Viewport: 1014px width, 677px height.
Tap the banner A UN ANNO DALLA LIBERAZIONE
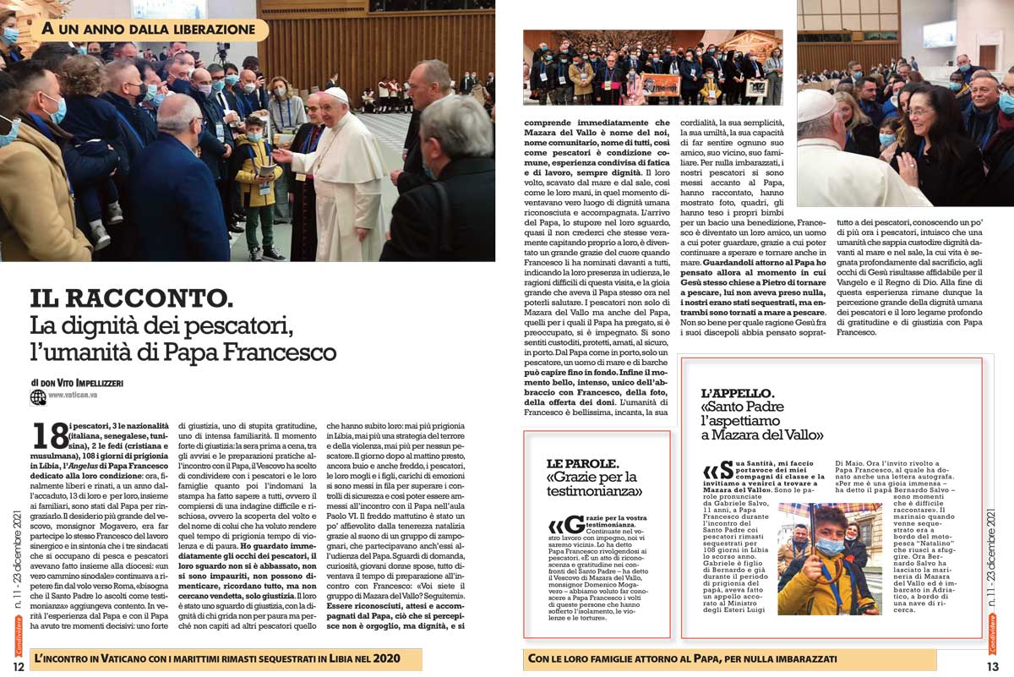(149, 30)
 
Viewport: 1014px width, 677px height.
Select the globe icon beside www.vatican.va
(38, 396)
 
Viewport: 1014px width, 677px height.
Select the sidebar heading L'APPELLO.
(737, 394)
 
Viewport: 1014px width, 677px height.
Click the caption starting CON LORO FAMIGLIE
(681, 658)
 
